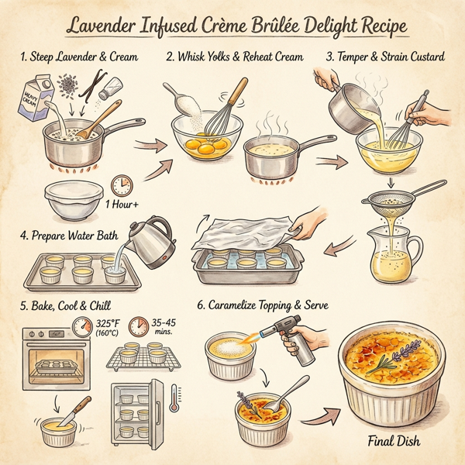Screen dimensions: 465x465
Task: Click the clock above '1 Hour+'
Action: [121, 186]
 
